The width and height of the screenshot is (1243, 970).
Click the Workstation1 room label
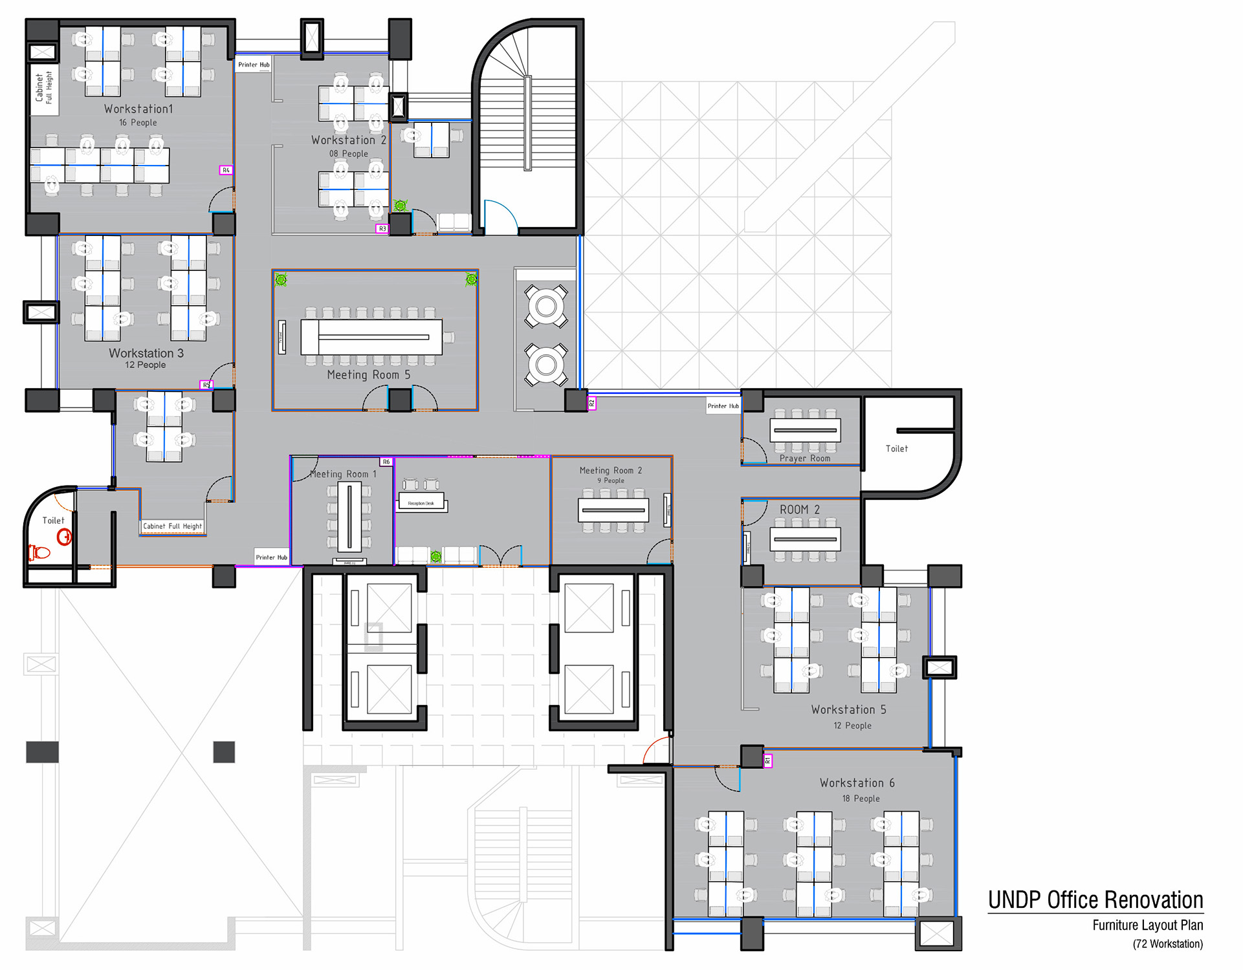pos(138,109)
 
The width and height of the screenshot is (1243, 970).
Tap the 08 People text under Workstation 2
pos(348,154)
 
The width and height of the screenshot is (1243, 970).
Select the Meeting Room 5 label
pos(368,375)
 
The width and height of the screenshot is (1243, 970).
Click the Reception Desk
pos(421,502)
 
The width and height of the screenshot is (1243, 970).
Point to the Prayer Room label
pos(804,458)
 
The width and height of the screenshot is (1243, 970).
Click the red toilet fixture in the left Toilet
pos(39,552)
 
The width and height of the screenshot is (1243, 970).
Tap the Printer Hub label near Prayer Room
pos(723,406)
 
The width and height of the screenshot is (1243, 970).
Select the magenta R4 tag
pos(226,170)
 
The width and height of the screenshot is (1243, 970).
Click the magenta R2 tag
pos(591,404)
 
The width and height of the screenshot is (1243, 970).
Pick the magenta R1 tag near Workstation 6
pos(767,761)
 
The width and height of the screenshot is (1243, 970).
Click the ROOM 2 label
pos(799,510)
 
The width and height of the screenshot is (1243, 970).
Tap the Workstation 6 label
pos(857,783)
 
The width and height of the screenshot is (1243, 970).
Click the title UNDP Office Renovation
pos(1095,900)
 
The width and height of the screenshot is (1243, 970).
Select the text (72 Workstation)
pos(1167,944)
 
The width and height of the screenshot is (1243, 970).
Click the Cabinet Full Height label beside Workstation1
pos(44,88)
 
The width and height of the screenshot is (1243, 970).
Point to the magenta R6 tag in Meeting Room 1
pos(386,462)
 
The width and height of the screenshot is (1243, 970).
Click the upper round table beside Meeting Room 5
pos(546,307)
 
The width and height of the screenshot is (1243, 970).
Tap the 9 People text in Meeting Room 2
pos(611,480)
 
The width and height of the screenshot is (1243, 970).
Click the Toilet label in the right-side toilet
pos(896,449)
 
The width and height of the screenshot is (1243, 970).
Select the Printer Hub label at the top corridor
pos(254,65)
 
